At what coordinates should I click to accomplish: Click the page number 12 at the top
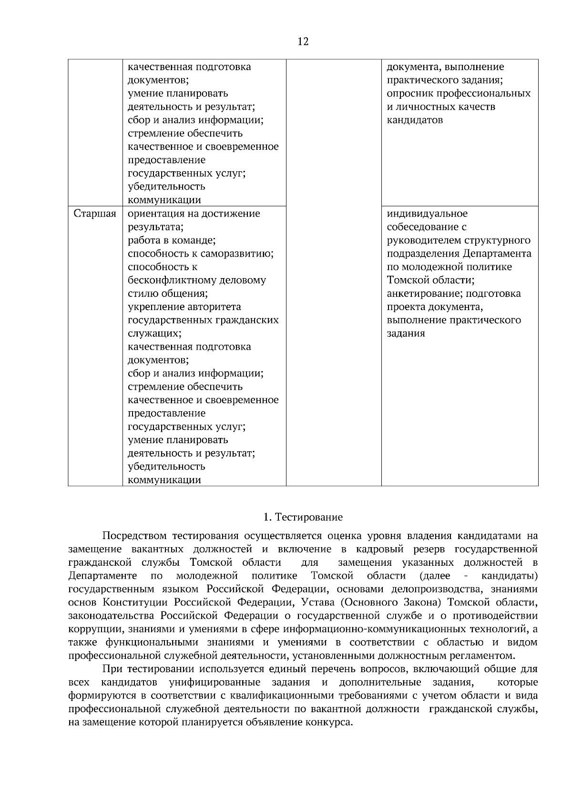[x=303, y=42]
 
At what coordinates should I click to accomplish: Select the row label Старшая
[x=95, y=214]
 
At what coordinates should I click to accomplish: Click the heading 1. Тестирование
[x=303, y=517]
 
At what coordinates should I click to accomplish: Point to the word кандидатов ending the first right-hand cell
[x=415, y=120]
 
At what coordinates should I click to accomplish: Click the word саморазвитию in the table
[x=240, y=253]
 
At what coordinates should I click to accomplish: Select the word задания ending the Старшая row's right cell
[x=406, y=333]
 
